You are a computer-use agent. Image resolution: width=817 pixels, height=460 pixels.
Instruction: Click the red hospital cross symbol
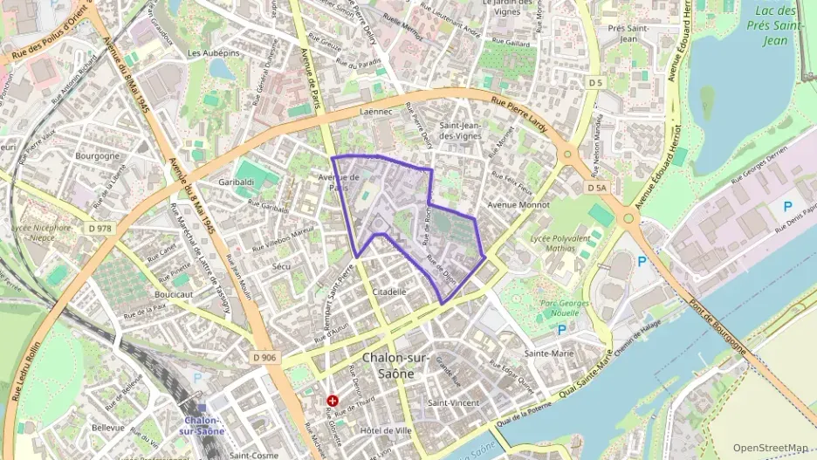[333, 401]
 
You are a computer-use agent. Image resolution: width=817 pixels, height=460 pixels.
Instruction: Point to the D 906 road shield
[265, 356]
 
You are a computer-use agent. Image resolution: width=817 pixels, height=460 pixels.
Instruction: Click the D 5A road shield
[597, 188]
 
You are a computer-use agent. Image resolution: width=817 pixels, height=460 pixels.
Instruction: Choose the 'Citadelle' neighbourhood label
[389, 292]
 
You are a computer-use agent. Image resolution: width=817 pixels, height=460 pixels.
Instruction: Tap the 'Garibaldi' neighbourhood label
[237, 182]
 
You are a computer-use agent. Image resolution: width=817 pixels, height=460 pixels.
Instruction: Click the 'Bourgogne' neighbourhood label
[97, 156]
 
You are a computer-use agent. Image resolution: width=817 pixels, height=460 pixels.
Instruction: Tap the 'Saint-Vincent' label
[454, 402]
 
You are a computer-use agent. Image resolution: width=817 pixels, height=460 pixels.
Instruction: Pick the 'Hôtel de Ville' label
[385, 430]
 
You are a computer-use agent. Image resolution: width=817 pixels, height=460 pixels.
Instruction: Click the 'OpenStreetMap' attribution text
[770, 448]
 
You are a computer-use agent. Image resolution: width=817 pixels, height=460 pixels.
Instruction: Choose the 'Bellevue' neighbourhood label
[108, 428]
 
